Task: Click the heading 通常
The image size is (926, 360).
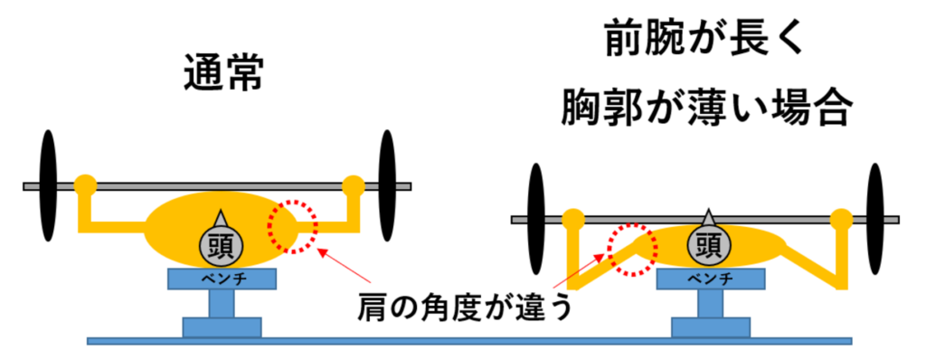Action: tap(222, 71)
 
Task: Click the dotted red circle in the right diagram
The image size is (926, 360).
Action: tap(632, 249)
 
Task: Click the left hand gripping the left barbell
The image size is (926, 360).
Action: tap(85, 185)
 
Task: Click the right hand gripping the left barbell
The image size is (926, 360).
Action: tap(354, 185)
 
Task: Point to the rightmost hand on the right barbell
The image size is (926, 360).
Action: tap(841, 219)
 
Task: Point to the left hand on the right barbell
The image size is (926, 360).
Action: tap(571, 219)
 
